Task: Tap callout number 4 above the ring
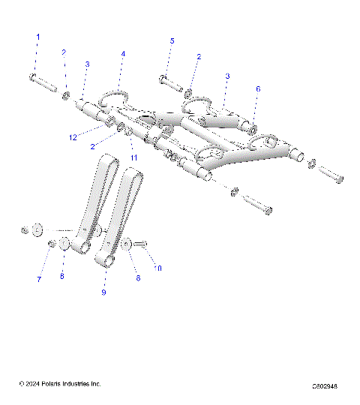point(123,54)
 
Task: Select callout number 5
point(172,40)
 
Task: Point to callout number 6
point(258,88)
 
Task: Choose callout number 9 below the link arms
point(104,291)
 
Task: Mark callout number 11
point(134,157)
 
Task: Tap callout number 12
point(73,136)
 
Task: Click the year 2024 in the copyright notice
point(31,385)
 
